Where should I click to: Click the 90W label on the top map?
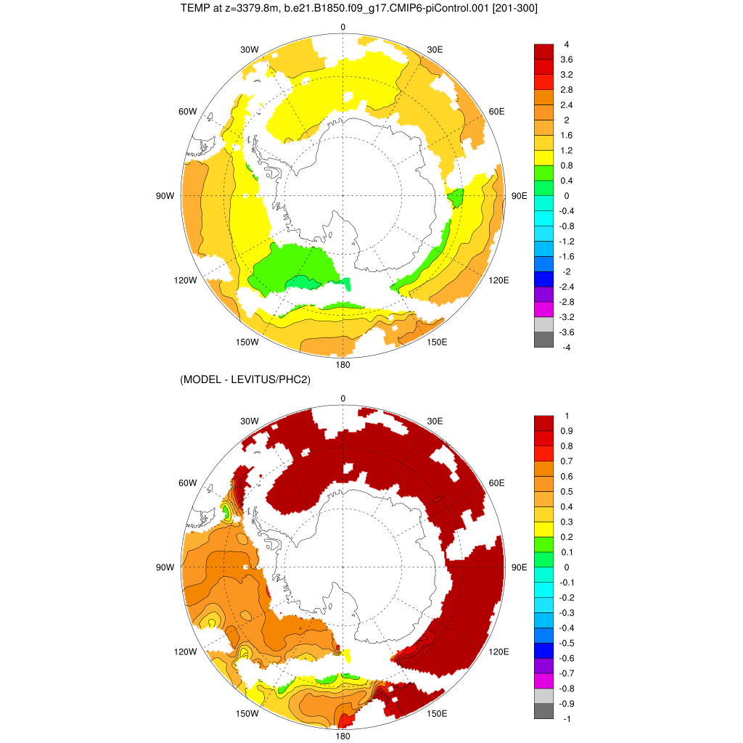(x=165, y=196)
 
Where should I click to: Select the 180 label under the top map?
(x=343, y=364)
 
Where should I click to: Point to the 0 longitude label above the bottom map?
(x=343, y=398)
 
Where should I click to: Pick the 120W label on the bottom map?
(x=186, y=652)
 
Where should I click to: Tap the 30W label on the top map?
(x=249, y=49)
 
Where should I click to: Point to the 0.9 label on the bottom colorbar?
(x=567, y=431)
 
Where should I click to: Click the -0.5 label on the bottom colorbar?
(x=568, y=643)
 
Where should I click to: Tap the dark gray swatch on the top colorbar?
(x=544, y=340)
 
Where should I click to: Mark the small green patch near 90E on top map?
(x=456, y=197)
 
